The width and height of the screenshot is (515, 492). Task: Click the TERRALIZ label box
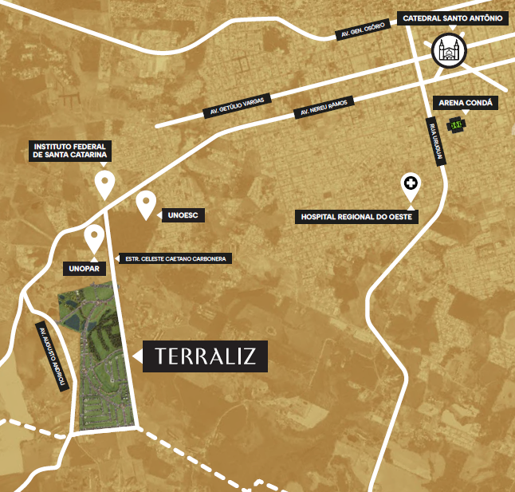(206, 356)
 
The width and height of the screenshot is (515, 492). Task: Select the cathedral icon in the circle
(449, 52)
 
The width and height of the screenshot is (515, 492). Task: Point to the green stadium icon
(456, 124)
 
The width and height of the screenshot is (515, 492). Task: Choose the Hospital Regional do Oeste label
(356, 216)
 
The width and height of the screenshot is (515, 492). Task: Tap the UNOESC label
(178, 215)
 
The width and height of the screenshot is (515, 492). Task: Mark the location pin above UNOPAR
(94, 238)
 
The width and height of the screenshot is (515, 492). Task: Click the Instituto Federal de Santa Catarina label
(71, 152)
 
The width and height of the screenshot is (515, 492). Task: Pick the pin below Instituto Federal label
(104, 183)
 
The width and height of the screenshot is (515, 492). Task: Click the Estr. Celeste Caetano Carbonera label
(173, 259)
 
